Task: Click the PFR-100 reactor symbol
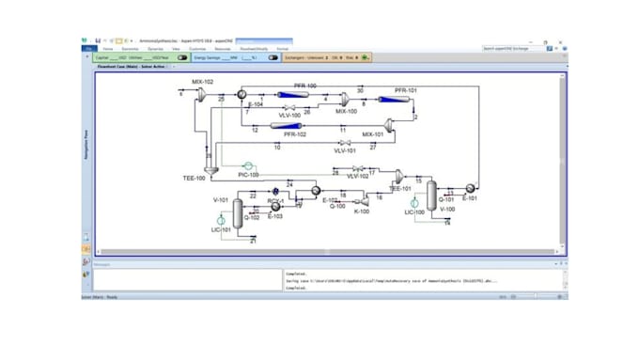(x=299, y=95)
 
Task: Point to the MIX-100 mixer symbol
(x=345, y=98)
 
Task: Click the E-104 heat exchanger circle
(x=242, y=97)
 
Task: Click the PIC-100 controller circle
(x=249, y=168)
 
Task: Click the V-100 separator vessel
(x=431, y=196)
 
